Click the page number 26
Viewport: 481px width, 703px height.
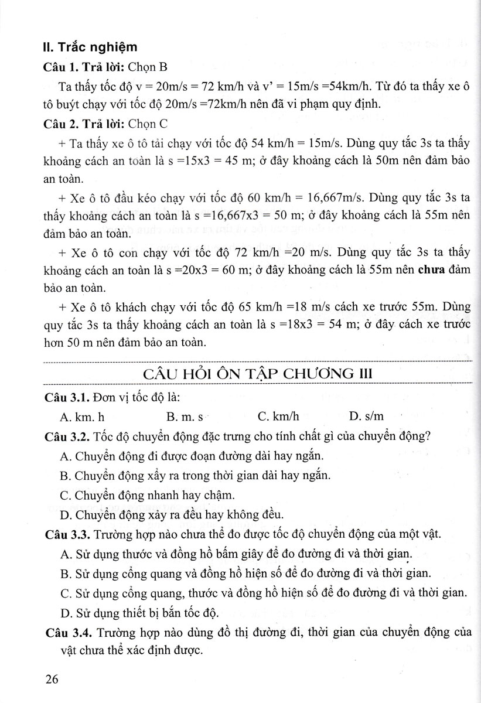click(52, 680)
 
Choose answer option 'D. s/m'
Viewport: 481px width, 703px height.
click(366, 417)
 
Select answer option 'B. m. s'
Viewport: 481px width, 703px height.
click(185, 417)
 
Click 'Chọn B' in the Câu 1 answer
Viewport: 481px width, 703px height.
click(131, 66)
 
